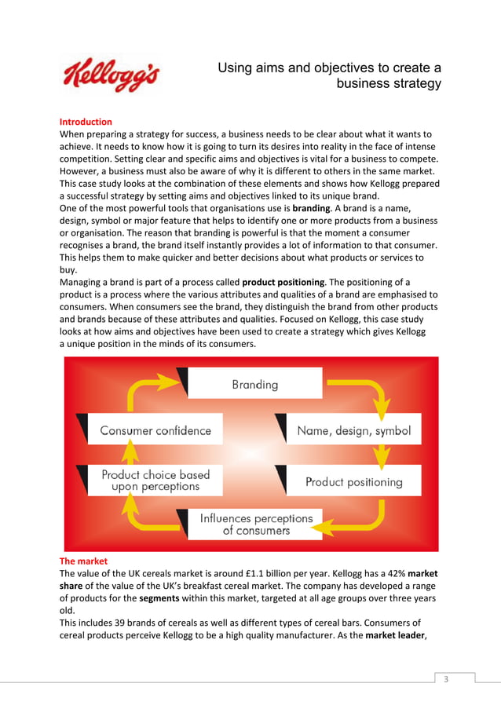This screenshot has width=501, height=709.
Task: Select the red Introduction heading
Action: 86,122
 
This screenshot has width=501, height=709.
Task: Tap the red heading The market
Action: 83,561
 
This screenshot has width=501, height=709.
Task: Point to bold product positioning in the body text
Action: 283,282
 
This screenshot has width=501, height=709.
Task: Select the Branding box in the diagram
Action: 254,384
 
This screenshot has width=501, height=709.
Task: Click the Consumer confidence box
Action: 155,430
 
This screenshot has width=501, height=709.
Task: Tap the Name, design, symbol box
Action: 353,430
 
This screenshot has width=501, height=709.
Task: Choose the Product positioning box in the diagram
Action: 353,481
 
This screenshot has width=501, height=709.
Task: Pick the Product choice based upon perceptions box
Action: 155,481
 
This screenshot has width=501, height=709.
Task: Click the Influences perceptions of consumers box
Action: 256,524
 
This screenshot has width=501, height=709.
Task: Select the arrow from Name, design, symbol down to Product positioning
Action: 382,455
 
